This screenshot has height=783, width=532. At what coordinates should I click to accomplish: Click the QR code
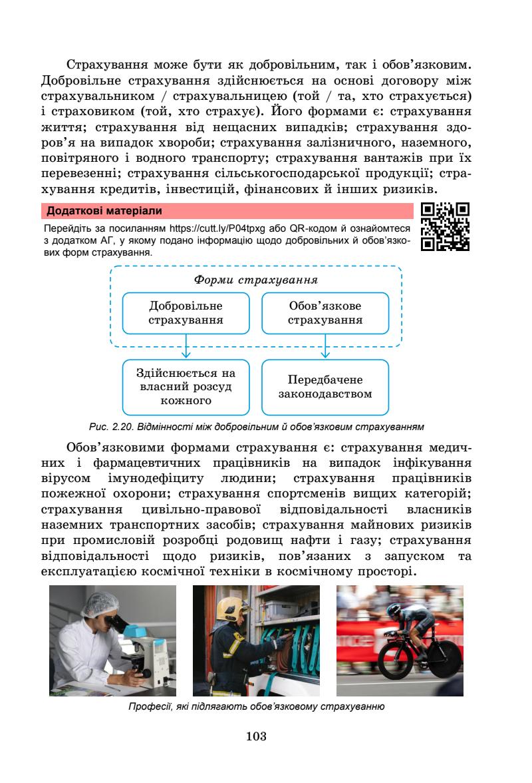pyautogui.click(x=446, y=226)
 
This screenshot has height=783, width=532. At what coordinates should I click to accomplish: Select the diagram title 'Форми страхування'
pyautogui.click(x=255, y=280)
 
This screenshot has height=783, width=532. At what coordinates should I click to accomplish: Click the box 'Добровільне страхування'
pyautogui.click(x=186, y=313)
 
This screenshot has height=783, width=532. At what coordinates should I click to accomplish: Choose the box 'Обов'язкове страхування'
pyautogui.click(x=325, y=313)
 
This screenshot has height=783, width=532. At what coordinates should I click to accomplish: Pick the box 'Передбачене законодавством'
pyautogui.click(x=325, y=387)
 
